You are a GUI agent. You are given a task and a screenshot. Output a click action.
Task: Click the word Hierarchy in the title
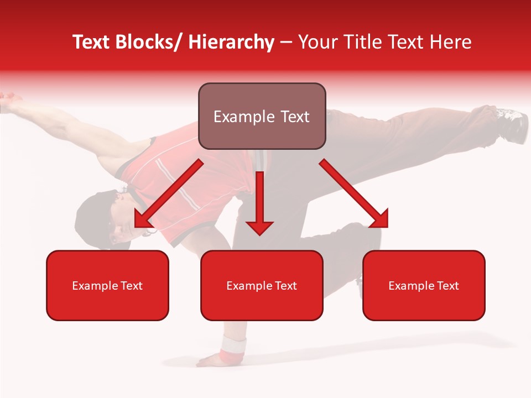(231, 43)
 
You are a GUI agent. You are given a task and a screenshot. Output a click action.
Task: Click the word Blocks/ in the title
(150, 43)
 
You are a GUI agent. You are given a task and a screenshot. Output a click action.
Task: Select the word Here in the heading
(451, 43)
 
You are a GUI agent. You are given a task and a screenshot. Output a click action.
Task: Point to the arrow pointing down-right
(355, 193)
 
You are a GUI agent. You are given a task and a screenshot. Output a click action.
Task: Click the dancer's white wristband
(233, 346)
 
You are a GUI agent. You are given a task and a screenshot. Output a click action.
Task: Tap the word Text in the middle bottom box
(286, 286)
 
